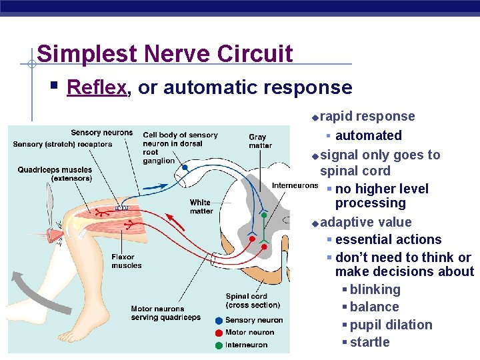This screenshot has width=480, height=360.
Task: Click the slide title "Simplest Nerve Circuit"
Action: [165, 53]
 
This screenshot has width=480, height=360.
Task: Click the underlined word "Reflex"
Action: [97, 87]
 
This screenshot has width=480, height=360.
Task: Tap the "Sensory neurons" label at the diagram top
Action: [101, 133]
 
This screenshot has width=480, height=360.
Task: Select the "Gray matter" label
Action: [260, 141]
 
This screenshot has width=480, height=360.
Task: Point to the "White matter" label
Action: [201, 207]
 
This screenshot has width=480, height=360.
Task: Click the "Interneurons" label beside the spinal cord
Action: [294, 185]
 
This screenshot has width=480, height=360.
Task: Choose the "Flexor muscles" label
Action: [127, 261]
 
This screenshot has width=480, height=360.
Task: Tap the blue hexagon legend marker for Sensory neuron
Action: [219, 321]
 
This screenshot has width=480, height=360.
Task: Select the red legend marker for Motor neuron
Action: [219, 333]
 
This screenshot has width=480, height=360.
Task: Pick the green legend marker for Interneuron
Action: [219, 345]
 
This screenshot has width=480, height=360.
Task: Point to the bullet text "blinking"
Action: [375, 289]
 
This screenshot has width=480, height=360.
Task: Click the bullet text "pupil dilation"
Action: [391, 325]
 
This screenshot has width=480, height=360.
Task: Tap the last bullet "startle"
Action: [369, 342]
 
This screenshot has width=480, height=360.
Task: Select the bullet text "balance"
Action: [374, 307]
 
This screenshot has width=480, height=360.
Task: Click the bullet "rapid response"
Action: [367, 116]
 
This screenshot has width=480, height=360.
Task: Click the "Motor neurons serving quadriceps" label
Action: [165, 313]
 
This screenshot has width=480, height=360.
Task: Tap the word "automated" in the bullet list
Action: [368, 135]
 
